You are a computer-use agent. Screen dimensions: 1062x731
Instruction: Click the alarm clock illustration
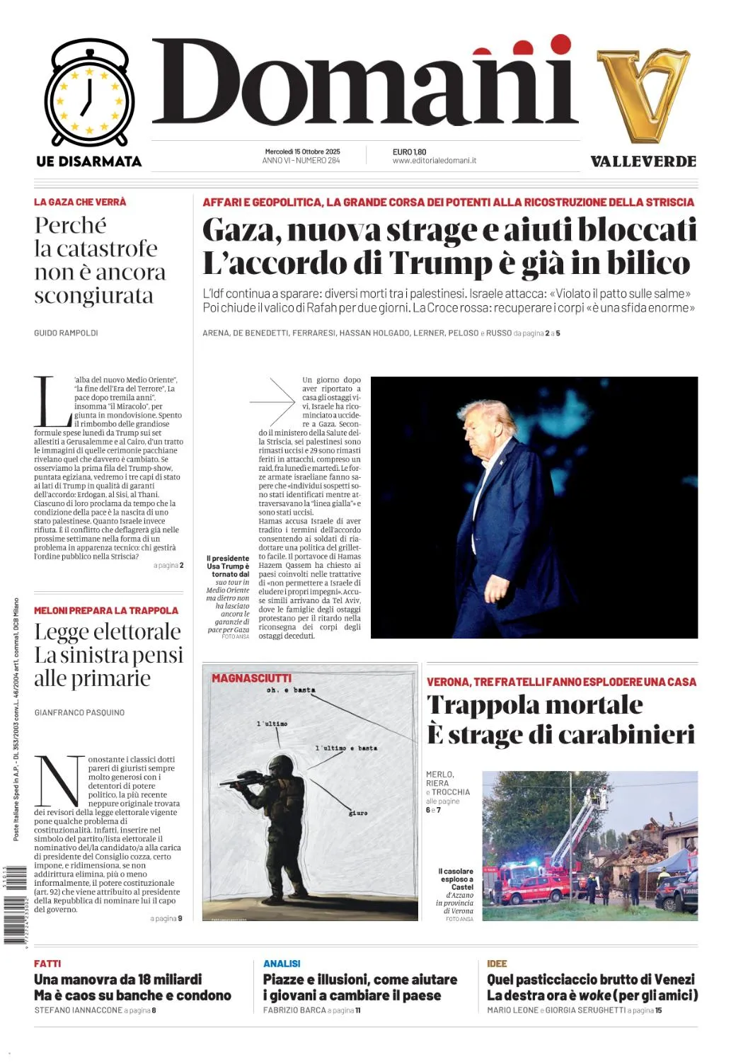click(x=89, y=93)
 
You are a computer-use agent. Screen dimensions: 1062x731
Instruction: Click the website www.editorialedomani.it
click(x=434, y=161)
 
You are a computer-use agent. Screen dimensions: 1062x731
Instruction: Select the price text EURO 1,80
click(x=409, y=152)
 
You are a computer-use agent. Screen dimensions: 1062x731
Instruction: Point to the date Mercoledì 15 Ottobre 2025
click(x=302, y=152)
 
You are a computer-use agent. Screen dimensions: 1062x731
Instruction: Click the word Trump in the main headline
click(x=440, y=263)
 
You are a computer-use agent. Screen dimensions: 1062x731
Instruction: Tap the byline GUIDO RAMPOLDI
click(x=66, y=333)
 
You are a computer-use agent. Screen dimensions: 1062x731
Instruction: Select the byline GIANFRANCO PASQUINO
click(x=79, y=713)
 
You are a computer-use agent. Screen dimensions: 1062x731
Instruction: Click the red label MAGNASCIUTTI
click(x=251, y=678)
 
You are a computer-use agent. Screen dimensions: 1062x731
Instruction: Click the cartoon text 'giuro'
click(x=358, y=813)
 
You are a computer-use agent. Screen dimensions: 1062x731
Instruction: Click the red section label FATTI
click(x=47, y=964)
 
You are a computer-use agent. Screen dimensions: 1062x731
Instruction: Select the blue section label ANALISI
click(x=282, y=964)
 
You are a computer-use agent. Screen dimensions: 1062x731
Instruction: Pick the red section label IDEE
click(x=497, y=964)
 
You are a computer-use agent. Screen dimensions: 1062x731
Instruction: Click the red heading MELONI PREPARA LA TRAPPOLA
click(x=106, y=610)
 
